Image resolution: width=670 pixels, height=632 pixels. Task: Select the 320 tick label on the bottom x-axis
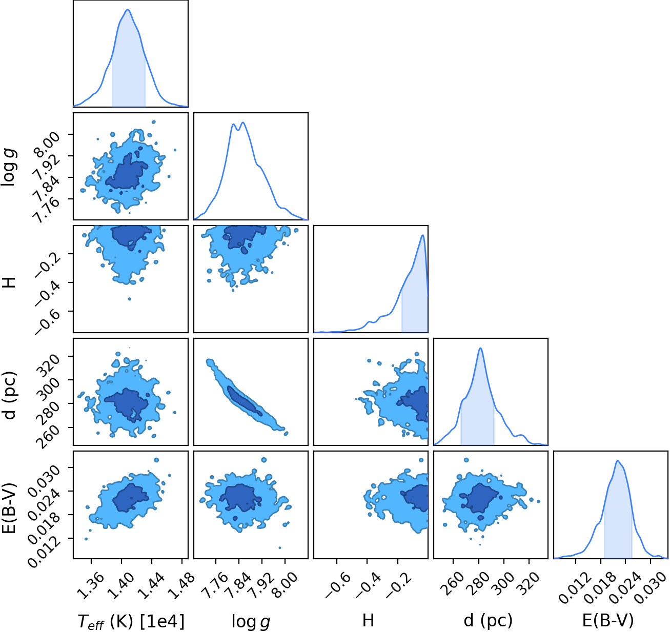pyautogui.click(x=528, y=581)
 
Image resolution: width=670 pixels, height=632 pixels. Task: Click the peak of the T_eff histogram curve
pyautogui.click(x=128, y=9)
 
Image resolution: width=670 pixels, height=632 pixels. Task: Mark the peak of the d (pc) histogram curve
pyautogui.click(x=480, y=348)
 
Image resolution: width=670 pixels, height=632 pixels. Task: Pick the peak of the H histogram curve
pyautogui.click(x=422, y=235)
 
